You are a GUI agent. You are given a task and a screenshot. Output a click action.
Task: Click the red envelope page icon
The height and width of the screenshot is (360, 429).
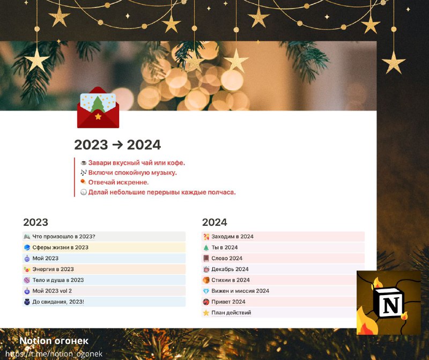pos(98,108)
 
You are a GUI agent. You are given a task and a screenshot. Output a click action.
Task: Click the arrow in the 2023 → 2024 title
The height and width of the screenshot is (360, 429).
pos(117,145)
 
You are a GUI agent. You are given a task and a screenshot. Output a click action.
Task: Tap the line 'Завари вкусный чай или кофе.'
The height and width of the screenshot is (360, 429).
pos(137,163)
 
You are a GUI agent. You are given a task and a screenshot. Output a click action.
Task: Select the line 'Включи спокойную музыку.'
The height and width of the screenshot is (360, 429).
pos(132,173)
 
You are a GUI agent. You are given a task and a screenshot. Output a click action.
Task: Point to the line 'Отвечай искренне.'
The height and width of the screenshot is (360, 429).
pos(118,182)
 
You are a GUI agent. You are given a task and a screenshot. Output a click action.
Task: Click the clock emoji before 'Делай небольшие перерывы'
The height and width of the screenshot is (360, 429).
pos(84,192)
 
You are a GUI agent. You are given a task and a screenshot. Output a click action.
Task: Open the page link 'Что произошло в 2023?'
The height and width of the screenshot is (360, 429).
pos(64,237)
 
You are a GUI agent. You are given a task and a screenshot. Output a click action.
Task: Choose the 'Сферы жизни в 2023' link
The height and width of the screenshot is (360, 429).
pos(60,247)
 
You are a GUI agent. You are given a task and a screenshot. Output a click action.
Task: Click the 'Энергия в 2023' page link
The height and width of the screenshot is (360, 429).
pos(53,269)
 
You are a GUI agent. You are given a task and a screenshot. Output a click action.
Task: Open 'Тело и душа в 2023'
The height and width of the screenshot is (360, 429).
pos(58,280)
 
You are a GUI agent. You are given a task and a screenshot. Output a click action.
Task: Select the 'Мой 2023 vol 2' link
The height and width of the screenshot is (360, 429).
pos(52,291)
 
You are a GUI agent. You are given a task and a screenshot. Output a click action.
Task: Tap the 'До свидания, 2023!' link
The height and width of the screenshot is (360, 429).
pos(58,302)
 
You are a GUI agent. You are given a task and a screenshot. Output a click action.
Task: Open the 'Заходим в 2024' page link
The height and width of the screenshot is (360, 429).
pos(232,237)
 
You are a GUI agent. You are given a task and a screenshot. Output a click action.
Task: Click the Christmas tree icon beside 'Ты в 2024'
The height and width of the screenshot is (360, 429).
pos(206,248)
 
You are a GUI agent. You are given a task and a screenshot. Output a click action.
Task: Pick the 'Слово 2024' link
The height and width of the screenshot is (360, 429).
pos(227,258)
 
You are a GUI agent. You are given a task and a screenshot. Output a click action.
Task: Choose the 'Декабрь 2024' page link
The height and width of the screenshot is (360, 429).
pos(230,269)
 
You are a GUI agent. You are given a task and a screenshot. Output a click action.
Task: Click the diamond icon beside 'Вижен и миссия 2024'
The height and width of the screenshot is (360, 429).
pos(206,291)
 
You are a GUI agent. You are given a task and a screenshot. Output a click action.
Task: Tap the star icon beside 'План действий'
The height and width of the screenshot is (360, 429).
pos(206,313)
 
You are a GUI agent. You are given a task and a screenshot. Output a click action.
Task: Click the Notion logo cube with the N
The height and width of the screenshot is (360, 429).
pos(388,302)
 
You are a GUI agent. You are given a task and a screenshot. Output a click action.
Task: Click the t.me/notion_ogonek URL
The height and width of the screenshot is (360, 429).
pos(54,354)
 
